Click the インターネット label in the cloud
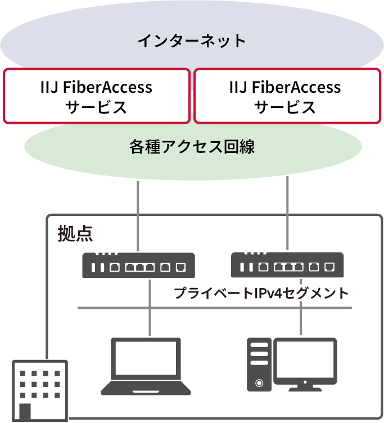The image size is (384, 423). tap(192, 40)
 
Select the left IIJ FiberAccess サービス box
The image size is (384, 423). tap(97, 96)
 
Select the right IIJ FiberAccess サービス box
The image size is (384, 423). tap(286, 96)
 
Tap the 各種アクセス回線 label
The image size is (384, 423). tap(192, 147)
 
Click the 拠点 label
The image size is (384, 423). tap(75, 233)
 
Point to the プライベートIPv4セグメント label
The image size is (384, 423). tap(261, 293)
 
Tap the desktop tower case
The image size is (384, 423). tap(259, 364)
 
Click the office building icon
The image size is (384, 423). tap(40, 390)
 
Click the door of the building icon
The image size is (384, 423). tap(25, 412)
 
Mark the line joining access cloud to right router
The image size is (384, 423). tap(287, 214)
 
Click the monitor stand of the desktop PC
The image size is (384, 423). tap(305, 386)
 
